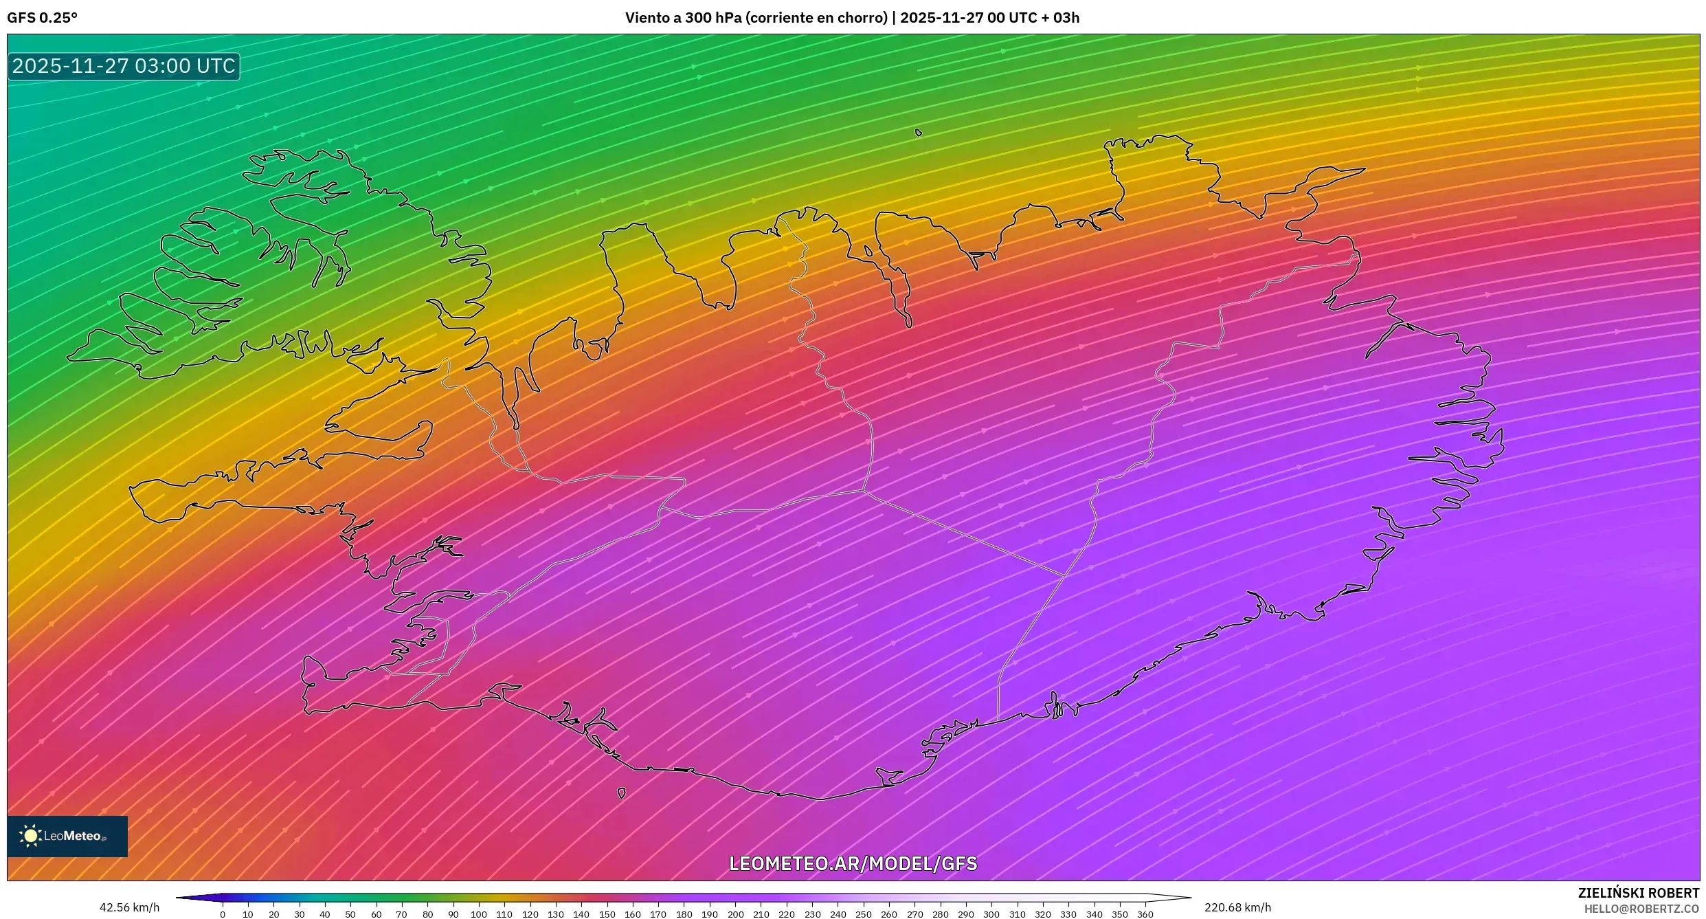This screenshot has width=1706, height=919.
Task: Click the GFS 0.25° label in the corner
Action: pos(42,18)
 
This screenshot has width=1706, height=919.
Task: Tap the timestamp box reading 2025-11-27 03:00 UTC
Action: pos(124,66)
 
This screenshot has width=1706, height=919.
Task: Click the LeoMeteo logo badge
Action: pos(67,836)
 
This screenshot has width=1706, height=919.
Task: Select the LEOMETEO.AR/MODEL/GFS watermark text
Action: pos(853,863)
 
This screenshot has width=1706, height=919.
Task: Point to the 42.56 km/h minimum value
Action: pos(129,907)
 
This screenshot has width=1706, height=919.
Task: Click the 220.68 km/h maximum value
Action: pos(1237,907)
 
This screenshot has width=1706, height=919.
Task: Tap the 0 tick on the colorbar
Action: pos(223,914)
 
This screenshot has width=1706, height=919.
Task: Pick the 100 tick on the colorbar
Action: pos(479,914)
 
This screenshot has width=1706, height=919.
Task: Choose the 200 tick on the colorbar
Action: pos(736,914)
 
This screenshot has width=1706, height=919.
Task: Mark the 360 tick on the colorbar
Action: pos(1145,914)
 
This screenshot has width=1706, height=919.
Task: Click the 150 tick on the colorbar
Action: pos(607,914)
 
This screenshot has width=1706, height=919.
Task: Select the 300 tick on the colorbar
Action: pos(991,914)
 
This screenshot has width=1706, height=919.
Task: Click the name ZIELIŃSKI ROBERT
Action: pos(1638,893)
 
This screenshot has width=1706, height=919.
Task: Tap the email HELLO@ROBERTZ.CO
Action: pos(1641,909)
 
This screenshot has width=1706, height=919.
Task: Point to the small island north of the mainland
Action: pos(919,132)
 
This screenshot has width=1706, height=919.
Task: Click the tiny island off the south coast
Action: pos(621,793)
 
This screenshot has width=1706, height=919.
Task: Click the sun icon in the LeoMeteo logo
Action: pos(30,836)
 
